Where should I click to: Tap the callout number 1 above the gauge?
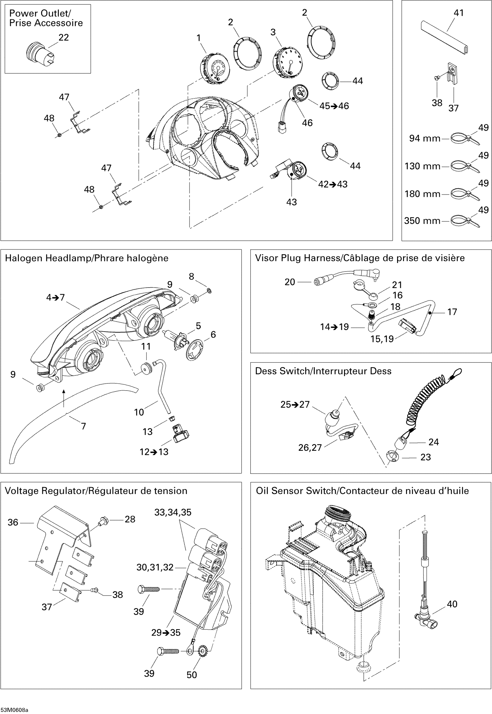[199, 38]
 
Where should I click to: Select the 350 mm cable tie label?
[422, 221]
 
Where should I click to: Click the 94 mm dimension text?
[425, 138]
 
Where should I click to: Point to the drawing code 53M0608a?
[14, 710]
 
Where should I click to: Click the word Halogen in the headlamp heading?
[24, 258]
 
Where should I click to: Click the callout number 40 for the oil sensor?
[452, 604]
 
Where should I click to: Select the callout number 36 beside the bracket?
[13, 522]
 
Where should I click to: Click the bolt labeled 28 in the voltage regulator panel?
[102, 521]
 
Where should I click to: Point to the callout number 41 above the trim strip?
[459, 13]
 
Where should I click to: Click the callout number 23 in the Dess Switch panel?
[425, 457]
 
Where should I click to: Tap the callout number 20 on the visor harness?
[289, 282]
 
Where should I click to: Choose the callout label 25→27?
[295, 404]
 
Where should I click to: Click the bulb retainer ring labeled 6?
[195, 349]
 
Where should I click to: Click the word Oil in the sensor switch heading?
[262, 491]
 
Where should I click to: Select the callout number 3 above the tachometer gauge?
[273, 32]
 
